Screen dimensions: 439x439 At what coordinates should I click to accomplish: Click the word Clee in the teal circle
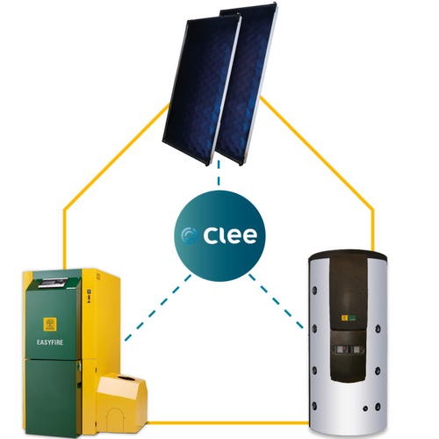(x=230, y=235)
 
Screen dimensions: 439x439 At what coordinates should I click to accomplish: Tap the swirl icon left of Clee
(x=189, y=235)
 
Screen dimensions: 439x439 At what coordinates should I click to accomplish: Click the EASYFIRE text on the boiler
(x=50, y=342)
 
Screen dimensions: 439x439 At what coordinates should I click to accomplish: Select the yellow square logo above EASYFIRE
(x=50, y=324)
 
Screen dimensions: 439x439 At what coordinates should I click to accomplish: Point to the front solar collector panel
(x=202, y=90)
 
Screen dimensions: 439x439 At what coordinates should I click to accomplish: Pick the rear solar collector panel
(x=248, y=79)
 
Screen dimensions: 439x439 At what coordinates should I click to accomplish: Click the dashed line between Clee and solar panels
(x=219, y=173)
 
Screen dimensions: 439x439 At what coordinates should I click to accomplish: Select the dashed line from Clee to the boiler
(x=158, y=307)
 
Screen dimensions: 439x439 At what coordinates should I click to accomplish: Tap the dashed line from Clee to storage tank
(x=277, y=301)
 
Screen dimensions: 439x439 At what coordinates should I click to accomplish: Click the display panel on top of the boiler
(x=54, y=283)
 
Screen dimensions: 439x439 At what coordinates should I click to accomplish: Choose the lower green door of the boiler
(x=54, y=397)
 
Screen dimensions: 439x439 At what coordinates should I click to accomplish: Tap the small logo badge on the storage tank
(x=349, y=318)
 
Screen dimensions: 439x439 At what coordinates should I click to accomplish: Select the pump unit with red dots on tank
(x=349, y=349)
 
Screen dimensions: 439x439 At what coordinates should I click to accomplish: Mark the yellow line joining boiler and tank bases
(x=227, y=422)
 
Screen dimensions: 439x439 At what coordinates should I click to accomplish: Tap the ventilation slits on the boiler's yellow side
(x=98, y=277)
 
